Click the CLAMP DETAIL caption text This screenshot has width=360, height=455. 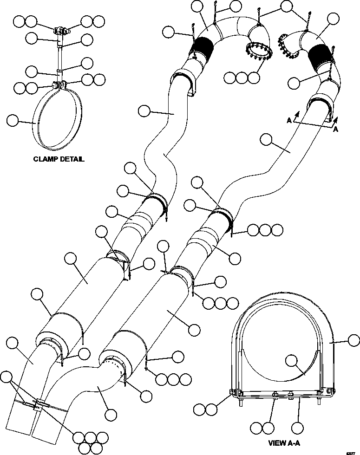[59, 159]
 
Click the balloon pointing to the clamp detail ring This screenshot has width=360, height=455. [13, 121]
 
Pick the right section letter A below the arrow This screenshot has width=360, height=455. [335, 130]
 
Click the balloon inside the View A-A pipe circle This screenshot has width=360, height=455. [292, 360]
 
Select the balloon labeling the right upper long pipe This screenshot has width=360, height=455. [266, 139]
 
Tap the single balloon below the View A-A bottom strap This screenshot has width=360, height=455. [298, 427]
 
